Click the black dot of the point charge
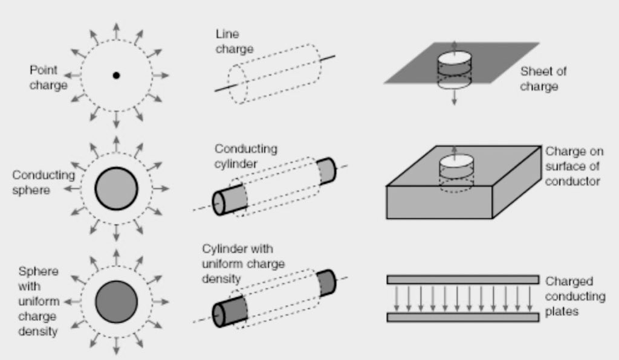tap(116, 76)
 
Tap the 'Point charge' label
tap(48, 78)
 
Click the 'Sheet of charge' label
tap(543, 79)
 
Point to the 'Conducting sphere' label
tap(44, 182)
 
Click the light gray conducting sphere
tap(116, 188)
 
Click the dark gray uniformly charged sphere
tap(116, 301)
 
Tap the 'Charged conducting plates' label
tap(575, 296)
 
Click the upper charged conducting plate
tap(462, 279)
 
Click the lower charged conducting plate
tap(462, 317)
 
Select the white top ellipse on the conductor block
tap(454, 162)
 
